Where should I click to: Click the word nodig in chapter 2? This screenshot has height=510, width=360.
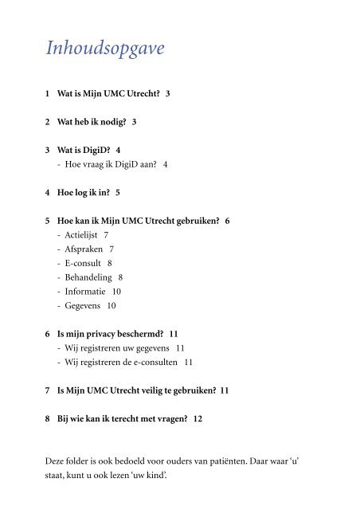[x=110, y=121]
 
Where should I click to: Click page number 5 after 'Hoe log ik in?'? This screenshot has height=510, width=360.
[x=117, y=192]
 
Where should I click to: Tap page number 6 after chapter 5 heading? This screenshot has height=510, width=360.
[x=227, y=220]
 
